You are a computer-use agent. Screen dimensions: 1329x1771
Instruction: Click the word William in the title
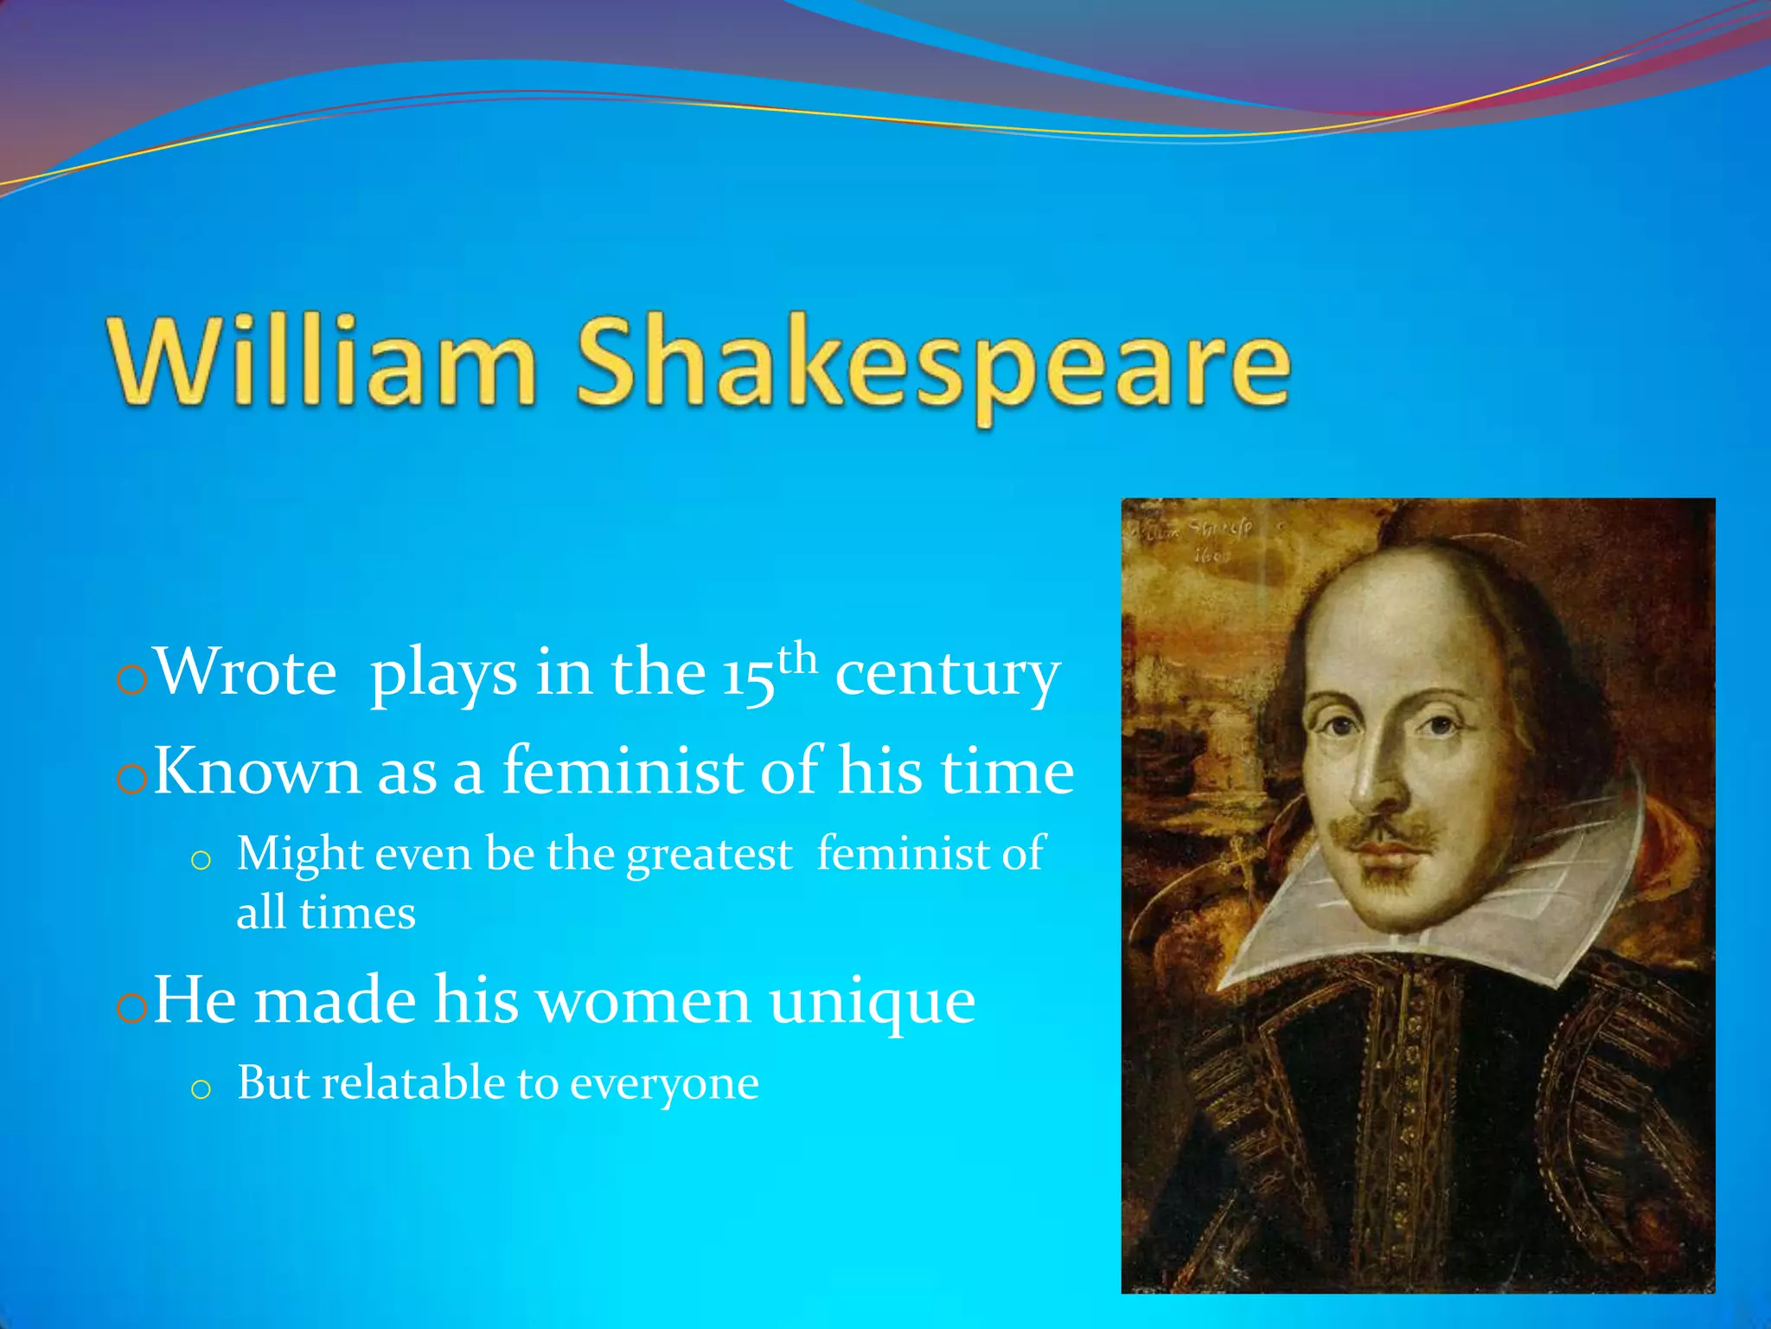click(322, 362)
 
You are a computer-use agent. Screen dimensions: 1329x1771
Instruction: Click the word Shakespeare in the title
click(934, 363)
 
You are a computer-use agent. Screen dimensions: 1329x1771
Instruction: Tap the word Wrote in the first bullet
click(246, 672)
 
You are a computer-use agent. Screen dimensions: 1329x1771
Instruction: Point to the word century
click(947, 675)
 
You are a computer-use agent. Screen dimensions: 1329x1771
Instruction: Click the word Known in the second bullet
click(257, 771)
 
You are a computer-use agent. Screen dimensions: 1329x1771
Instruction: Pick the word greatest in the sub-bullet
click(709, 855)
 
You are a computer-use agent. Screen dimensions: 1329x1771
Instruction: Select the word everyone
click(664, 1085)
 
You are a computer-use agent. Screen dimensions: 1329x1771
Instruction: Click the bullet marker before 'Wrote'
click(131, 681)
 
